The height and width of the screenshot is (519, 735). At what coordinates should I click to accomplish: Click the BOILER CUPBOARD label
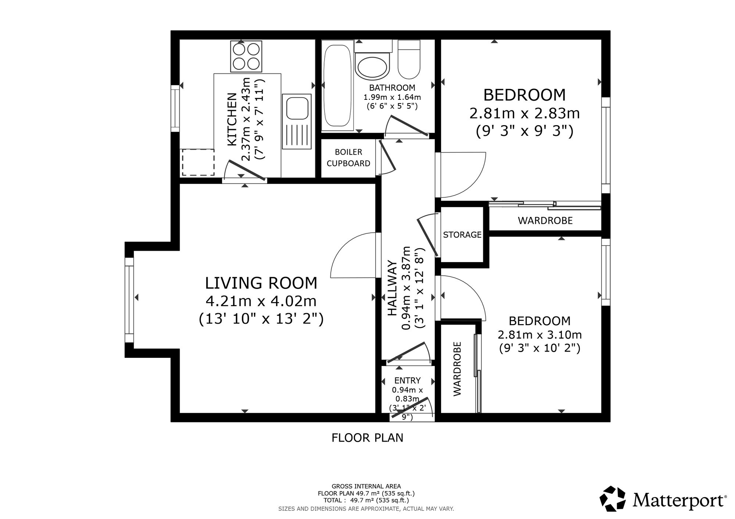[x=348, y=158]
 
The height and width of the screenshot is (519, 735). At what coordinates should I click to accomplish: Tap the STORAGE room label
[x=462, y=235]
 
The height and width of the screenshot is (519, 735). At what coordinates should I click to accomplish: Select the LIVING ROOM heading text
[x=261, y=283]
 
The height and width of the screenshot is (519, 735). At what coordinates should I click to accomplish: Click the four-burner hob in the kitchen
[x=246, y=56]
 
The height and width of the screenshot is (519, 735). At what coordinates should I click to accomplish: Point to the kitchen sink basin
[x=297, y=107]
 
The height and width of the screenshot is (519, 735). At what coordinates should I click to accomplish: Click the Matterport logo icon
[x=613, y=498]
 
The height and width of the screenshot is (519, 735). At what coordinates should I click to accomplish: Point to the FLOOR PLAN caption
[x=367, y=438]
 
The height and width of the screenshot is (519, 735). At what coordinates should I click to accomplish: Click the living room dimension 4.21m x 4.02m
[x=261, y=301]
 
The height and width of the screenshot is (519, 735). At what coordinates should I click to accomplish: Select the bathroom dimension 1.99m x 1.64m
[x=392, y=97]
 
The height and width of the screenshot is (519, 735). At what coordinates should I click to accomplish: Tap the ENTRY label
[x=408, y=381]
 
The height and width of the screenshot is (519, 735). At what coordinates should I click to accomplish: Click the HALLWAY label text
[x=392, y=288]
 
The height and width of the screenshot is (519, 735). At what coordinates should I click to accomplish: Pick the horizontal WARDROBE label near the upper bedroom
[x=545, y=221]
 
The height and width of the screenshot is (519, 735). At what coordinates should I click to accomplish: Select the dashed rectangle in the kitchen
[x=198, y=162]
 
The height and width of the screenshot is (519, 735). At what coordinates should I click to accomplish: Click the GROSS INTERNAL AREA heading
[x=366, y=486]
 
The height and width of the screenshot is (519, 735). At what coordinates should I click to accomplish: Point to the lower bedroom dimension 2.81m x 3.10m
[x=539, y=335]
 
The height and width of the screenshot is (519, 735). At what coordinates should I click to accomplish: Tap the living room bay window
[x=129, y=300]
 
